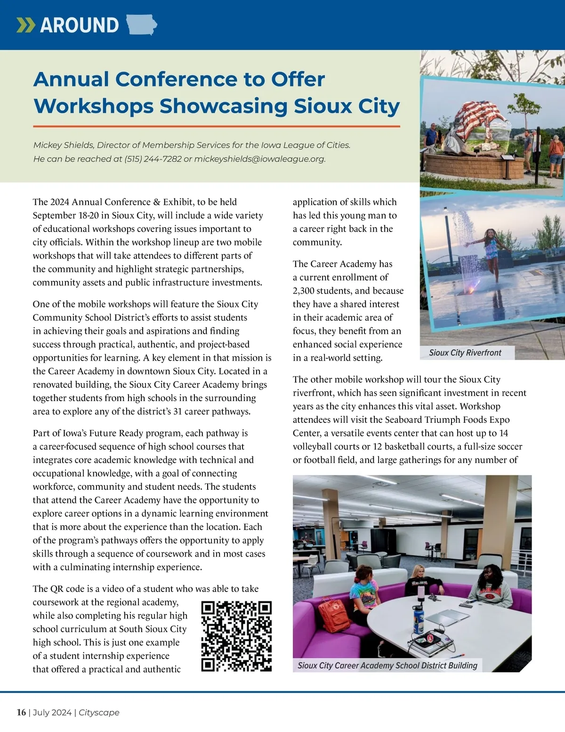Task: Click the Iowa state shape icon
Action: click(x=142, y=25)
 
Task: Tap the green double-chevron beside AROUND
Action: click(x=25, y=25)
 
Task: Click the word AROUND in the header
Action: click(x=80, y=25)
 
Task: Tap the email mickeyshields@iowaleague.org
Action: click(x=259, y=159)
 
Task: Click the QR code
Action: click(x=236, y=636)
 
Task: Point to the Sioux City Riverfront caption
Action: click(x=465, y=353)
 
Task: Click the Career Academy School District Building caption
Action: click(x=387, y=665)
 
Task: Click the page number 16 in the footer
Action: click(x=21, y=712)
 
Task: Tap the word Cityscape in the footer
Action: click(x=99, y=712)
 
